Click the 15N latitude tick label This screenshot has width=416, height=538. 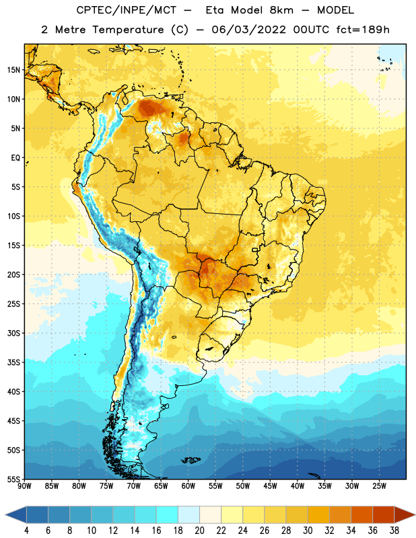pyautogui.click(x=13, y=70)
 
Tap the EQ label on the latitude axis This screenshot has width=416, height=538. pyautogui.click(x=15, y=158)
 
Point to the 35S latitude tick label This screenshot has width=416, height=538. pyautogui.click(x=13, y=362)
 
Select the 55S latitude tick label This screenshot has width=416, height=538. pyautogui.click(x=13, y=479)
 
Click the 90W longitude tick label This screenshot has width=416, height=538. pyautogui.click(x=24, y=486)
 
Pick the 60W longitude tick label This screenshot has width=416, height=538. pyautogui.click(x=188, y=486)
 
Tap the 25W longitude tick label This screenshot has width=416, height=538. pyautogui.click(x=379, y=486)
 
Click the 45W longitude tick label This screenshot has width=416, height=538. pyautogui.click(x=270, y=486)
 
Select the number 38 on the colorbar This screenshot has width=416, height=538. pyautogui.click(x=394, y=531)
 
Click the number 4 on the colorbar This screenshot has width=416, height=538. pyautogui.click(x=26, y=531)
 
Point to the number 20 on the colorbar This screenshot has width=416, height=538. pyautogui.click(x=199, y=531)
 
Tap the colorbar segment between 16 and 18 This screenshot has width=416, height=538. pyautogui.click(x=167, y=515)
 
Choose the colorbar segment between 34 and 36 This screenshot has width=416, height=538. pyautogui.click(x=361, y=515)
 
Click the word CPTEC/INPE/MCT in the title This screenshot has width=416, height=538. pyautogui.click(x=127, y=10)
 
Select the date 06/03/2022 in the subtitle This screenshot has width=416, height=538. pyautogui.click(x=248, y=30)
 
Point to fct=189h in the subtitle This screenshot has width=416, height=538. pyautogui.click(x=363, y=30)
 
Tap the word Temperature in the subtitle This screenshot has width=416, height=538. pyautogui.click(x=128, y=30)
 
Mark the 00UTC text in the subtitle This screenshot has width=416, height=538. pyautogui.click(x=311, y=30)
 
